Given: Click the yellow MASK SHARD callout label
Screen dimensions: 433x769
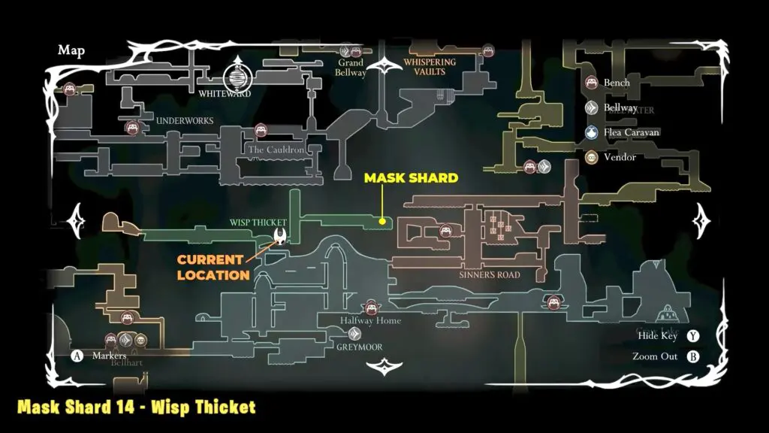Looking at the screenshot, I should point(410,178).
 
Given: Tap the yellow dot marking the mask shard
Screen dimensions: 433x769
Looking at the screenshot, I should point(382,221).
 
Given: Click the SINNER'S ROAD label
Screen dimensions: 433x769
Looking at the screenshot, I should point(490,275).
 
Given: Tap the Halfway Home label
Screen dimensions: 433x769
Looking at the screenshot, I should point(370,321).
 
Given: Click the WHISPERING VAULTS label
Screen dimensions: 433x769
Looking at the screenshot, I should point(430,67).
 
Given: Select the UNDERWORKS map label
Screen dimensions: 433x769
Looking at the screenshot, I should point(184,120).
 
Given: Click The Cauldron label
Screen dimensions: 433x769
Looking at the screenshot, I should point(276,150).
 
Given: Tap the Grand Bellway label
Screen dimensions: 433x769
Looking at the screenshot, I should point(351,68).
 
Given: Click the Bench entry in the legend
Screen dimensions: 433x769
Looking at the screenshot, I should point(616,83).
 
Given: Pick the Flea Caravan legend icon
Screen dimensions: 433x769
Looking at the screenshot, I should point(592,132).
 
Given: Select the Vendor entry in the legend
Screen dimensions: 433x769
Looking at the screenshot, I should point(619,157).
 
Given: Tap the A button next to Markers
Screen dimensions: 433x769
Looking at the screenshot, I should point(76,355).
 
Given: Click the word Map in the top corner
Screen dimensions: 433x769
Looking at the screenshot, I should point(71,50).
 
